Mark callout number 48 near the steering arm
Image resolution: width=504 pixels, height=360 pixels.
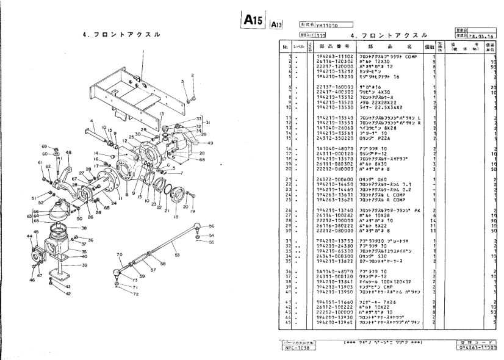pos(68,152)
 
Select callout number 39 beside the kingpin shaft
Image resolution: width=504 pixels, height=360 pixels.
pos(84,265)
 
